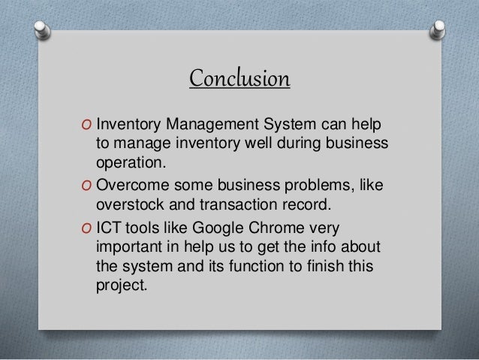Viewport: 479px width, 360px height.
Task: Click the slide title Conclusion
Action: [x=239, y=77]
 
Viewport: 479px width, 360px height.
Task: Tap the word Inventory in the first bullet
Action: [x=128, y=123]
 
